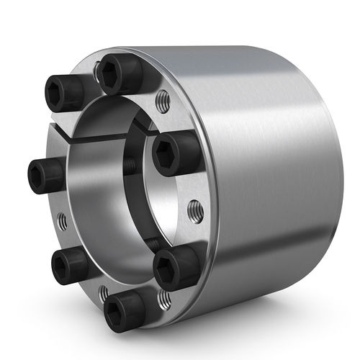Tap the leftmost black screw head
pos(45,174)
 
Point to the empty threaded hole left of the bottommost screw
pos(103,292)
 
